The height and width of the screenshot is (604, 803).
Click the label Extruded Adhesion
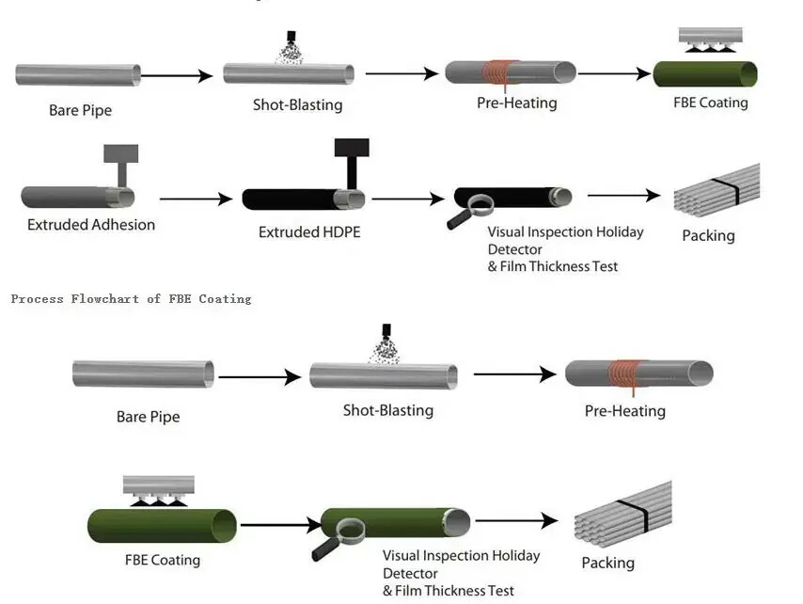(91, 225)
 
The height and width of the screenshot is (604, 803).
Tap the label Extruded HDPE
(309, 231)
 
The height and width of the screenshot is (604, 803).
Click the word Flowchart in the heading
(102, 299)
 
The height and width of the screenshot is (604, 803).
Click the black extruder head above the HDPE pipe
(352, 148)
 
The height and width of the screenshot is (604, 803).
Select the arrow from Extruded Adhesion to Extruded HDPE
(196, 199)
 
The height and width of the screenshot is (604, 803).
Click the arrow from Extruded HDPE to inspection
(407, 199)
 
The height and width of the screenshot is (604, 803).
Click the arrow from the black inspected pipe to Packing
(624, 196)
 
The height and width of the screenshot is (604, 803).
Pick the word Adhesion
(123, 225)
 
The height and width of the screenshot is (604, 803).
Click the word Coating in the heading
(226, 299)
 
